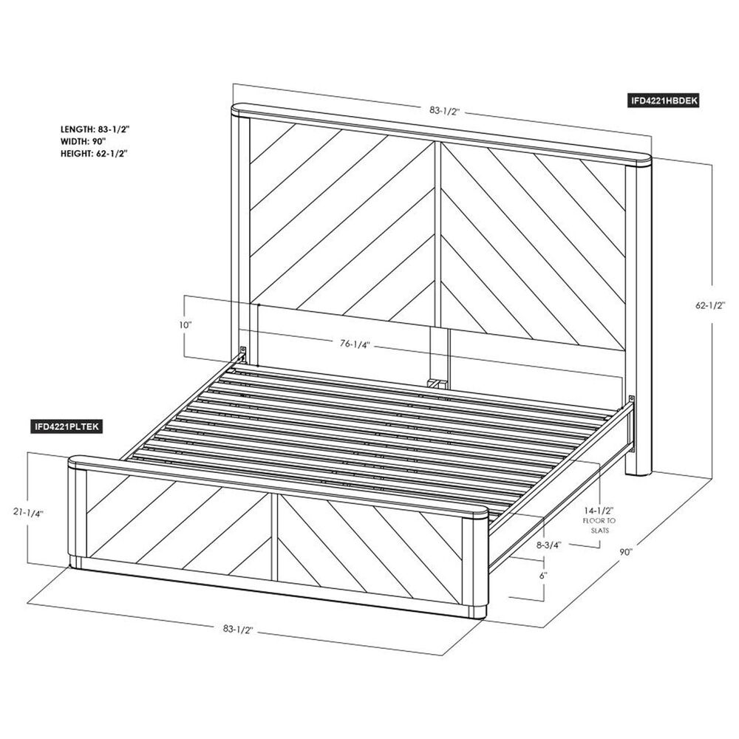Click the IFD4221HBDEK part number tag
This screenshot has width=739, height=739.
coord(664,101)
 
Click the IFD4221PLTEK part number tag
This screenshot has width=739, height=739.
coord(67,426)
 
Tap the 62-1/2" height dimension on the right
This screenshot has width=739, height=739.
coord(710,305)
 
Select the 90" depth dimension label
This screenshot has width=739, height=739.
coord(625,552)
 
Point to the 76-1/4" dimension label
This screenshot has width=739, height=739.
coord(355,344)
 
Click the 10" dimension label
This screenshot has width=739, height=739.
coord(185,325)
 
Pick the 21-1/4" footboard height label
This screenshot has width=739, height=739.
coord(28,513)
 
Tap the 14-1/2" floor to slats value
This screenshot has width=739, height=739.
coord(599,511)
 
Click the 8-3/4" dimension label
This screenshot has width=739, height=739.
coord(548,545)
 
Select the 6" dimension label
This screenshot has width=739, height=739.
coord(542,576)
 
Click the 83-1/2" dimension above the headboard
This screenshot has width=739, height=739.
coord(444,112)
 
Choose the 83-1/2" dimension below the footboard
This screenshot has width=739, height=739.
coord(238,629)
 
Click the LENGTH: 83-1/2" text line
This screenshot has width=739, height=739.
coord(95,129)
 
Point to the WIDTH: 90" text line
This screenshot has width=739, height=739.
coord(83,141)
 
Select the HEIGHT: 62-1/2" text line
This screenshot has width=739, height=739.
coord(94,154)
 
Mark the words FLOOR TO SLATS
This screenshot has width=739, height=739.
coord(599,525)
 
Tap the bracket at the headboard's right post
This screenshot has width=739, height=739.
coord(631,400)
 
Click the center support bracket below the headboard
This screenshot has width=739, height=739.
coord(436,382)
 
